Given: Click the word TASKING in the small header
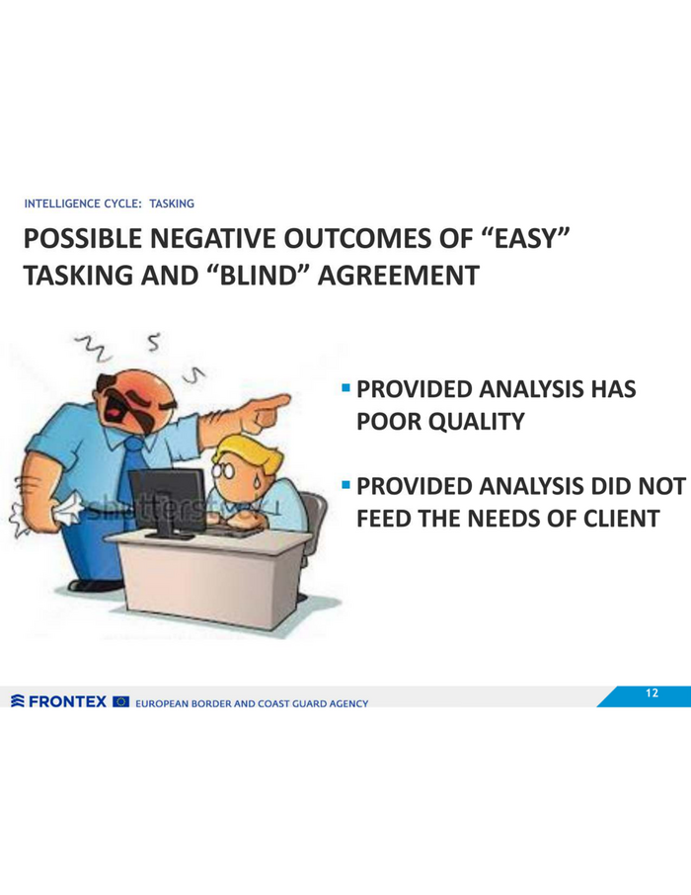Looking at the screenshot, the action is coord(172,203).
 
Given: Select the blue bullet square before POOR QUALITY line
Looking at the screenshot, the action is coord(345,388).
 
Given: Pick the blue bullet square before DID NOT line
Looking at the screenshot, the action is coord(345,485).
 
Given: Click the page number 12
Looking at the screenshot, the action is coord(652,692).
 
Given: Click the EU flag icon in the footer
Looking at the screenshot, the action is coord(121,701).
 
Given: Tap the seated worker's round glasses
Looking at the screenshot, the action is coord(222,471).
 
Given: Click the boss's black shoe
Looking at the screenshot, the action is coord(94,585).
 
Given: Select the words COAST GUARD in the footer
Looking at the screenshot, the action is coord(292,703).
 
